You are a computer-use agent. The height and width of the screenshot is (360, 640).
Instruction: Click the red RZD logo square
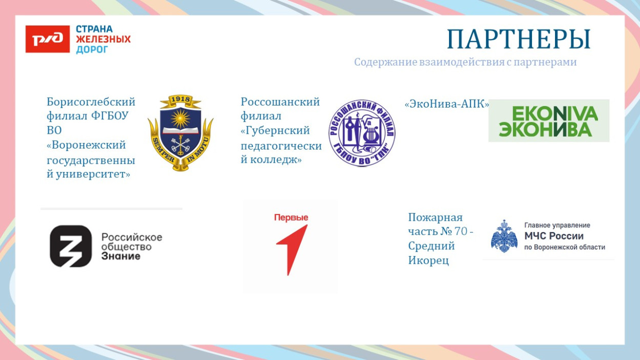pos(47,39)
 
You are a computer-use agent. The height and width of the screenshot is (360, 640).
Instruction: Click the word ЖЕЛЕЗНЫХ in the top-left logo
pos(103,39)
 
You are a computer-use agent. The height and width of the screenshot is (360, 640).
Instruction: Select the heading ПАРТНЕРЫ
pos(519,39)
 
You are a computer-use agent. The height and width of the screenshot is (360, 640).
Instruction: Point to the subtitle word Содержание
pos(385,62)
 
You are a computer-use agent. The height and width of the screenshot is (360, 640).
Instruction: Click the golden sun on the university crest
pos(180,119)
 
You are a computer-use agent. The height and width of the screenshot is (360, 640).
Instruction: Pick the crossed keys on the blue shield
pos(180,146)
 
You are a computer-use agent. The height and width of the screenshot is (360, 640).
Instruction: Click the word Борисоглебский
pos(91,101)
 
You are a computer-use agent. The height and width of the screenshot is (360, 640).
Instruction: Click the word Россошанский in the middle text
pos(280,101)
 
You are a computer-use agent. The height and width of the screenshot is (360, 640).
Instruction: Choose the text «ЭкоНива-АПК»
pos(446,104)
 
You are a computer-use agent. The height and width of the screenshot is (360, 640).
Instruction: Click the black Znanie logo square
pos(71,246)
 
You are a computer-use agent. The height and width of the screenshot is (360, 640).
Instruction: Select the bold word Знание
pos(121,256)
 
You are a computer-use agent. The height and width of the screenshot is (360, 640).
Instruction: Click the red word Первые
pos(291,218)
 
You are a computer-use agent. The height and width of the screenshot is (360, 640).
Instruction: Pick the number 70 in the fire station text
pos(460,231)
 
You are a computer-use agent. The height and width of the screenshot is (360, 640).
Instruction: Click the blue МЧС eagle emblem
pos(504,236)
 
